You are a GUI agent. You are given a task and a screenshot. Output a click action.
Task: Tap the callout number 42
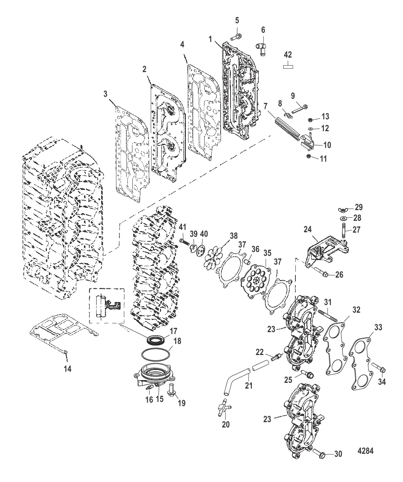(288, 55)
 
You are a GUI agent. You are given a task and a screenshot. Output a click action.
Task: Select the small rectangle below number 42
(288, 66)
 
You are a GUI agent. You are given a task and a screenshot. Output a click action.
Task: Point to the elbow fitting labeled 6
(261, 46)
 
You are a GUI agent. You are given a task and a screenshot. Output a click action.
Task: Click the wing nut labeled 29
(342, 209)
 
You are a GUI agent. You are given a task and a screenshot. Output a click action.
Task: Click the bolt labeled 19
(172, 389)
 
